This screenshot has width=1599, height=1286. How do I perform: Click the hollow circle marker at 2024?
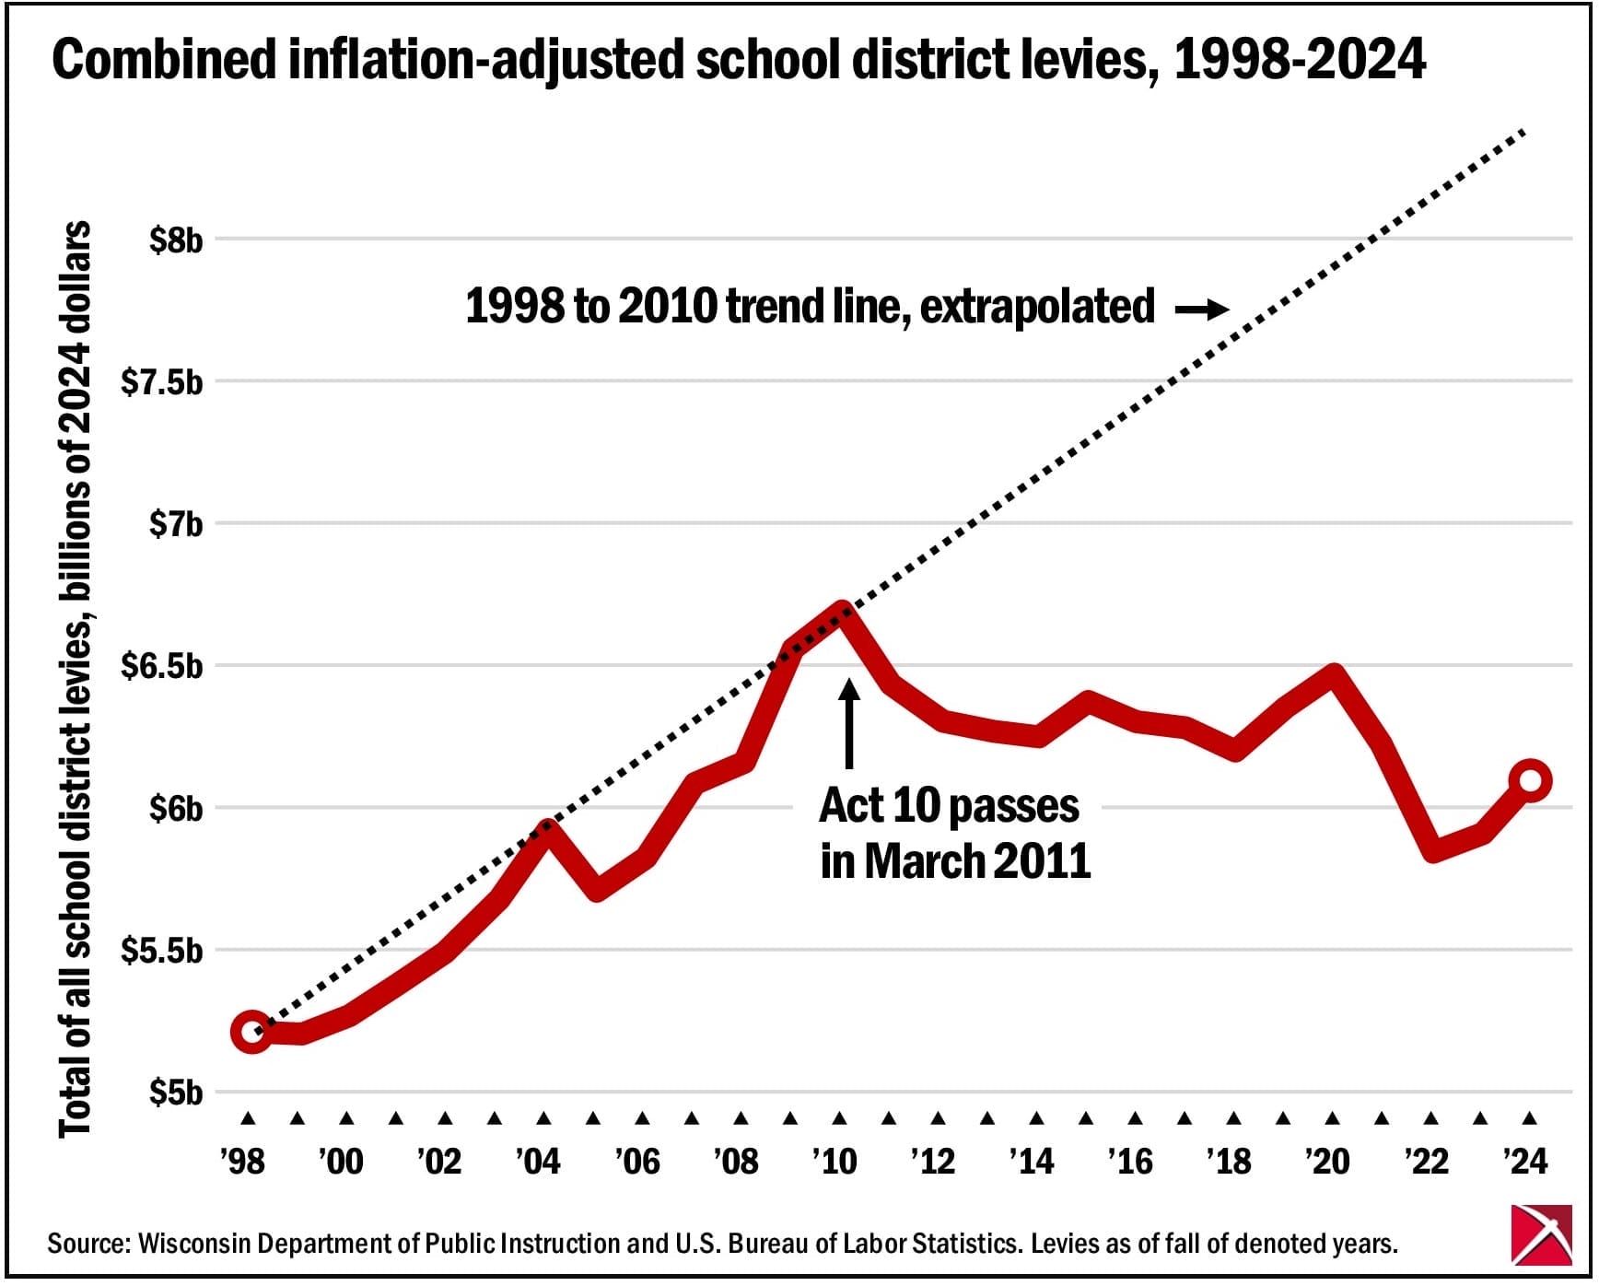pyautogui.click(x=1530, y=780)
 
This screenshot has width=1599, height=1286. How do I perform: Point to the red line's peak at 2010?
pyautogui.click(x=841, y=609)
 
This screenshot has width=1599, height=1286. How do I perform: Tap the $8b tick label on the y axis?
pyautogui.click(x=175, y=240)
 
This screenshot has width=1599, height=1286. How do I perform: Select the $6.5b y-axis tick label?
pyautogui.click(x=161, y=666)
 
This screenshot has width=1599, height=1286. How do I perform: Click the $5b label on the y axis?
pyautogui.click(x=175, y=1093)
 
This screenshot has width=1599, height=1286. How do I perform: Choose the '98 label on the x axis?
pyautogui.click(x=243, y=1161)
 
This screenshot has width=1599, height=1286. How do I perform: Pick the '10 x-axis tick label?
pyautogui.click(x=835, y=1161)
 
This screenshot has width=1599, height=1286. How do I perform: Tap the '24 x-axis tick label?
pyautogui.click(x=1525, y=1161)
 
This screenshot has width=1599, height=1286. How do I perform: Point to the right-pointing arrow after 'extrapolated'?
pyautogui.click(x=1202, y=310)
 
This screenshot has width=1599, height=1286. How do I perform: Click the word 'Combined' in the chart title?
pyautogui.click(x=164, y=61)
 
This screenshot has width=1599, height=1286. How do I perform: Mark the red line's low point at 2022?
pyautogui.click(x=1431, y=852)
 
